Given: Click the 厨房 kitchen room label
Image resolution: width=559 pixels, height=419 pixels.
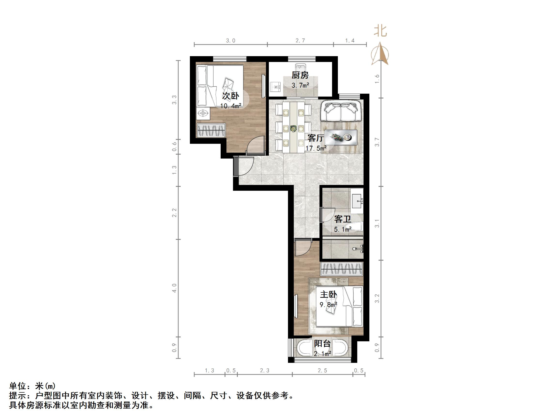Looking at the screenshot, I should tap(300, 75).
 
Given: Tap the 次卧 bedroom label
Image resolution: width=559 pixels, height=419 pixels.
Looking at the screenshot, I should tap(231, 96).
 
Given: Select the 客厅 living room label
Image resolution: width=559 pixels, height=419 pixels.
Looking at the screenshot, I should tap(316, 138).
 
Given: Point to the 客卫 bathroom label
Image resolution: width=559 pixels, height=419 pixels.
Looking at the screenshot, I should tap(342, 219).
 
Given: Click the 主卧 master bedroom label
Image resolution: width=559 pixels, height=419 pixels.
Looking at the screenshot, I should tap(328, 295).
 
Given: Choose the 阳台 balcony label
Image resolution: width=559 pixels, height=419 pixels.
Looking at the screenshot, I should tap(322, 344).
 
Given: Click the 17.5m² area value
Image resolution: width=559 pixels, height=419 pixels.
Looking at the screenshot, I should tap(316, 148).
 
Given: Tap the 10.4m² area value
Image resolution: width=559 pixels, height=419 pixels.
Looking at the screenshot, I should tap(231, 106).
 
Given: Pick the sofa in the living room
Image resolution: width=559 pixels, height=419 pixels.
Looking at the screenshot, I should tap(341, 111).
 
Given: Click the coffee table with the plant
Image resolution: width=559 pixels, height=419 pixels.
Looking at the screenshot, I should tap(341, 138).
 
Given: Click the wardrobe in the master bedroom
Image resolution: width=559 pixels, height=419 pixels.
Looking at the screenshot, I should tap(342, 269).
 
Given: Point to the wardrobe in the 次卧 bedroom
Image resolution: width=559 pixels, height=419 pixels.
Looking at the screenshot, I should tap(211, 130).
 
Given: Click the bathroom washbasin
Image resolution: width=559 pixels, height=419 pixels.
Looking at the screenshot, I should tap(357, 201).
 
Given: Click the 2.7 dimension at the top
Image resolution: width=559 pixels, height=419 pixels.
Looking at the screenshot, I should tap(300, 41).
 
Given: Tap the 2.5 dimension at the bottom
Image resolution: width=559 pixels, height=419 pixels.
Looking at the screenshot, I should tap(322, 371).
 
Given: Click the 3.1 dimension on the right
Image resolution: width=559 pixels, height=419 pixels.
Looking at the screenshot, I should tap(377, 223).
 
